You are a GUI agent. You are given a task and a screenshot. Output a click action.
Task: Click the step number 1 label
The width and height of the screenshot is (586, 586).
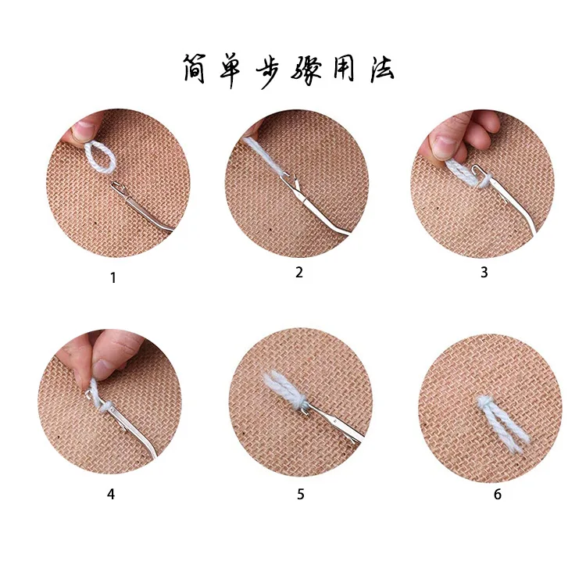click(113, 278)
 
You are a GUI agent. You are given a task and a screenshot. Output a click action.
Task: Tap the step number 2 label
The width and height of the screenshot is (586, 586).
click(299, 273)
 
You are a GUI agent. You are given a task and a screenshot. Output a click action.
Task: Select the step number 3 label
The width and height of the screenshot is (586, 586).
click(484, 273)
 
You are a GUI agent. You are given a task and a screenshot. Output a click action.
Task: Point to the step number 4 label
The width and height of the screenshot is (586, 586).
click(111, 494)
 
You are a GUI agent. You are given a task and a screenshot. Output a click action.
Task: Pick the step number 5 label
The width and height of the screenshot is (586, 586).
click(301, 494)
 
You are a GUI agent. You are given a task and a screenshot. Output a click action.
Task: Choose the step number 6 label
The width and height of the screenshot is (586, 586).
click(498, 494)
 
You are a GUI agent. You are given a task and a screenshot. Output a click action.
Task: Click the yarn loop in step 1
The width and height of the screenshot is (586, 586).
click(99, 158)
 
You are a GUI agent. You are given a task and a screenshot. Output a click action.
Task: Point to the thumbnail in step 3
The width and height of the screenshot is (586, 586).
click(444, 147)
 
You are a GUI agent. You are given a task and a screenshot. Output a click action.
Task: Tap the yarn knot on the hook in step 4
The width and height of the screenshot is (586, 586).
click(105, 406)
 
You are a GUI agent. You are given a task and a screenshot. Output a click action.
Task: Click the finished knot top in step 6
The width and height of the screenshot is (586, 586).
click(484, 401)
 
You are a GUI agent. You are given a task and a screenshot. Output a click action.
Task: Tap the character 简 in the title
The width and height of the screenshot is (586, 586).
click(195, 69)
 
